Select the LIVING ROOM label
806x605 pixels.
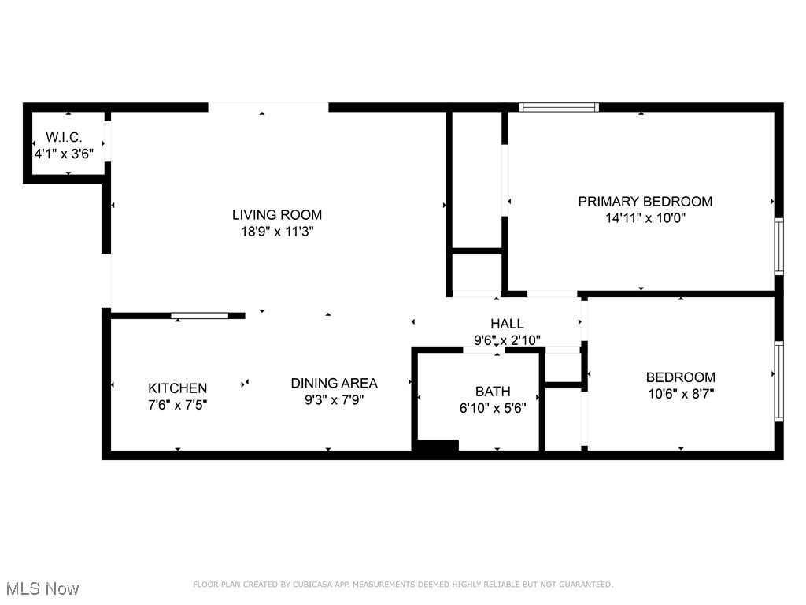pos(276,214)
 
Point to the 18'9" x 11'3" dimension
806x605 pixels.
pos(276,232)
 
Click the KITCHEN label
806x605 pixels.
pos(178,388)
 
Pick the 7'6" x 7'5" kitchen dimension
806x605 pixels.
pos(178,405)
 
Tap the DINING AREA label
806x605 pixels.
pos(334,383)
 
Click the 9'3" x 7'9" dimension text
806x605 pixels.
pos(334,399)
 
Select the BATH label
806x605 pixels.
pos(493,392)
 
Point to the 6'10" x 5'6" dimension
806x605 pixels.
pos(493,408)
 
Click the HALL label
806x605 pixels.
pos(507,324)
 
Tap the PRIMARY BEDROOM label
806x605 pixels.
pos(645,202)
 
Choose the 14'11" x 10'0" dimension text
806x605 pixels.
pos(645,218)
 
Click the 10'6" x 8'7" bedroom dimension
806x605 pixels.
pos(680,394)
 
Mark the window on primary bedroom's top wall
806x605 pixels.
pos(559,107)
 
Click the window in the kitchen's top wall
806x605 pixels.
pos(200,316)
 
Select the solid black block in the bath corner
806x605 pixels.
pos(436,447)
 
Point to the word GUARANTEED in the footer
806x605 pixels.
pos(584,585)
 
